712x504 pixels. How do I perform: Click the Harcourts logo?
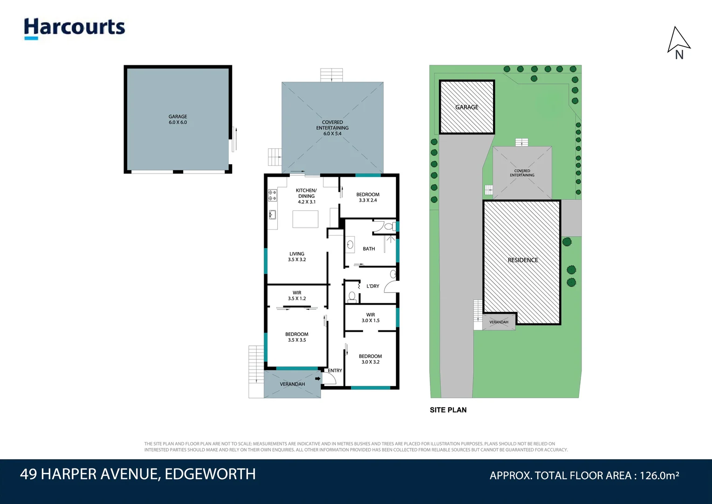point(75,28)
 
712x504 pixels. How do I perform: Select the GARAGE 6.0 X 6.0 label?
point(178,119)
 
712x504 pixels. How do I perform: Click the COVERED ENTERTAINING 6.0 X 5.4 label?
point(332,128)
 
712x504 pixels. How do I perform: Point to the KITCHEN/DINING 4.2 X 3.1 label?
point(306,196)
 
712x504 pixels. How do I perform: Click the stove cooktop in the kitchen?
point(272,196)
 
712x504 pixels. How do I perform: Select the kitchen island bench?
point(305,219)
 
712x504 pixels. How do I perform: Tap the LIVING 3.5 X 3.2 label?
point(297,257)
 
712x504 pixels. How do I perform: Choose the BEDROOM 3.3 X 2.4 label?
point(368,197)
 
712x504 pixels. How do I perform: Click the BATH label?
point(369,249)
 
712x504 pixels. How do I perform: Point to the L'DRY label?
point(373,286)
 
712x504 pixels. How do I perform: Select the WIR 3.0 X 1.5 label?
point(370,318)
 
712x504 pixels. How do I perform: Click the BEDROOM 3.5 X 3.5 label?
point(297,337)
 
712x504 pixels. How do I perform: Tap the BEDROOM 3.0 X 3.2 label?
point(370,359)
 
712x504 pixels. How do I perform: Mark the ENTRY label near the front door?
point(335,371)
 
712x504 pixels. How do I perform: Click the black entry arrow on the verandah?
point(318,378)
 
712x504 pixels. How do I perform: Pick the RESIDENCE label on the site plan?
point(523,260)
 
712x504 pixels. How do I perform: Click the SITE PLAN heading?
point(448,410)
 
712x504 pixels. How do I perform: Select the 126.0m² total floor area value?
point(659,476)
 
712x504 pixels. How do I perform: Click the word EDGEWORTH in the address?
point(210,474)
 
